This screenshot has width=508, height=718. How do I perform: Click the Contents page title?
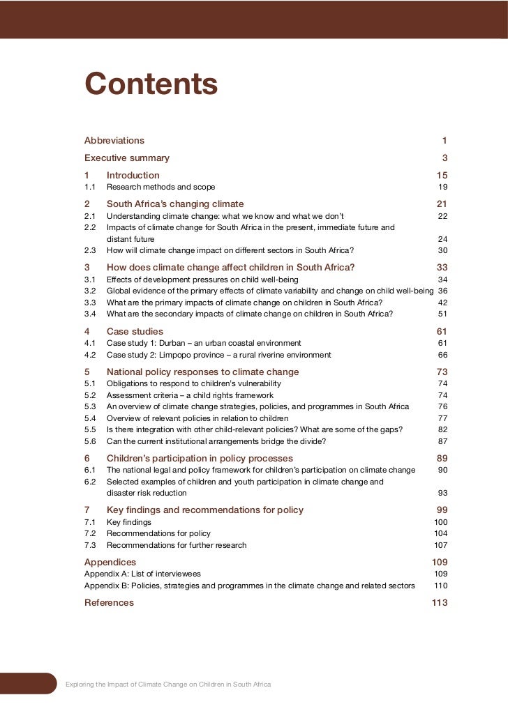click(151, 85)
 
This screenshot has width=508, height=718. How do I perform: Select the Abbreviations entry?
click(114, 140)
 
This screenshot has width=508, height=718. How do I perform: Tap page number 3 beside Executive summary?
click(444, 158)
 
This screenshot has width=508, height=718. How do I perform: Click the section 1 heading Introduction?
click(133, 175)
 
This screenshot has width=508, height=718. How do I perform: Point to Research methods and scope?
click(160, 187)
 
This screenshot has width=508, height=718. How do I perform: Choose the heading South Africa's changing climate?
click(175, 204)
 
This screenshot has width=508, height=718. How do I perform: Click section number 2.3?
click(90, 250)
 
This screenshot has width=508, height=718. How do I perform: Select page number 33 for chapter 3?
click(442, 267)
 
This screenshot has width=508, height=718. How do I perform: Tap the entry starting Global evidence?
click(269, 291)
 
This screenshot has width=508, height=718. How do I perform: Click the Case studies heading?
click(135, 331)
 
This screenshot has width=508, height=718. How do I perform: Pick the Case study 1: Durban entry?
click(204, 343)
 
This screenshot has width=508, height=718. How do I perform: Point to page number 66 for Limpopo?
click(442, 355)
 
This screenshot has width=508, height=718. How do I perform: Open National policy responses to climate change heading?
click(202, 372)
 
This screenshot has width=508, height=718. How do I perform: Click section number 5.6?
click(90, 441)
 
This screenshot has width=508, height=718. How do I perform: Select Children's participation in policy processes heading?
click(200, 458)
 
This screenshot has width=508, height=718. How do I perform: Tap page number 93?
click(442, 493)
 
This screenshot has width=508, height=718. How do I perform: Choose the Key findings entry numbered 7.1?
click(128, 521)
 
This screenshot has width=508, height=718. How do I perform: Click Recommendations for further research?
click(177, 545)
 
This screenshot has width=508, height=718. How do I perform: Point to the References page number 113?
click(440, 602)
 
